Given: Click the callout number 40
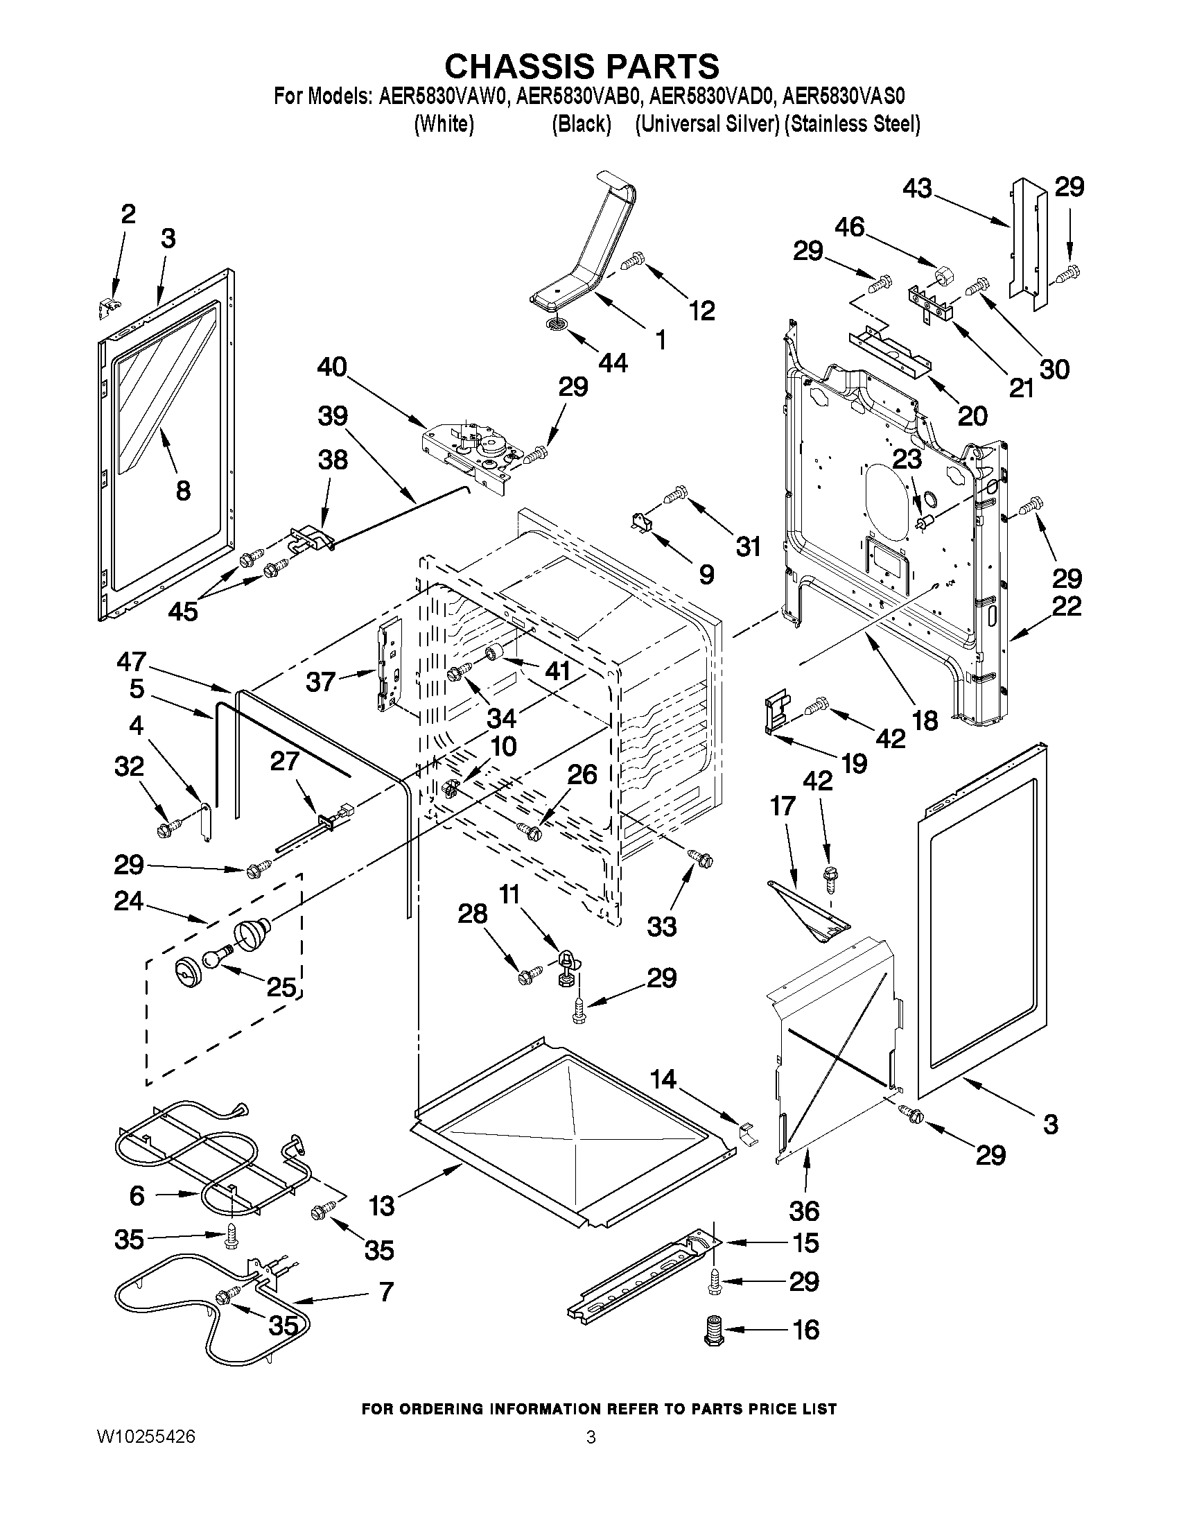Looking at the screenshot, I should pyautogui.click(x=332, y=367).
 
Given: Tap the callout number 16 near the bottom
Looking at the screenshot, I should pyautogui.click(x=805, y=1329).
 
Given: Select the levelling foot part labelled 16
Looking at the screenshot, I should pyautogui.click(x=713, y=1328).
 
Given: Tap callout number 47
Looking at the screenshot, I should pyautogui.click(x=131, y=661).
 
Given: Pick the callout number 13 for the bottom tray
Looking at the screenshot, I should pyautogui.click(x=381, y=1205).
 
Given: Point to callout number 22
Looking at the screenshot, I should pyautogui.click(x=1067, y=606).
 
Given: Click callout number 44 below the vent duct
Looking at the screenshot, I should pyautogui.click(x=612, y=362).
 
